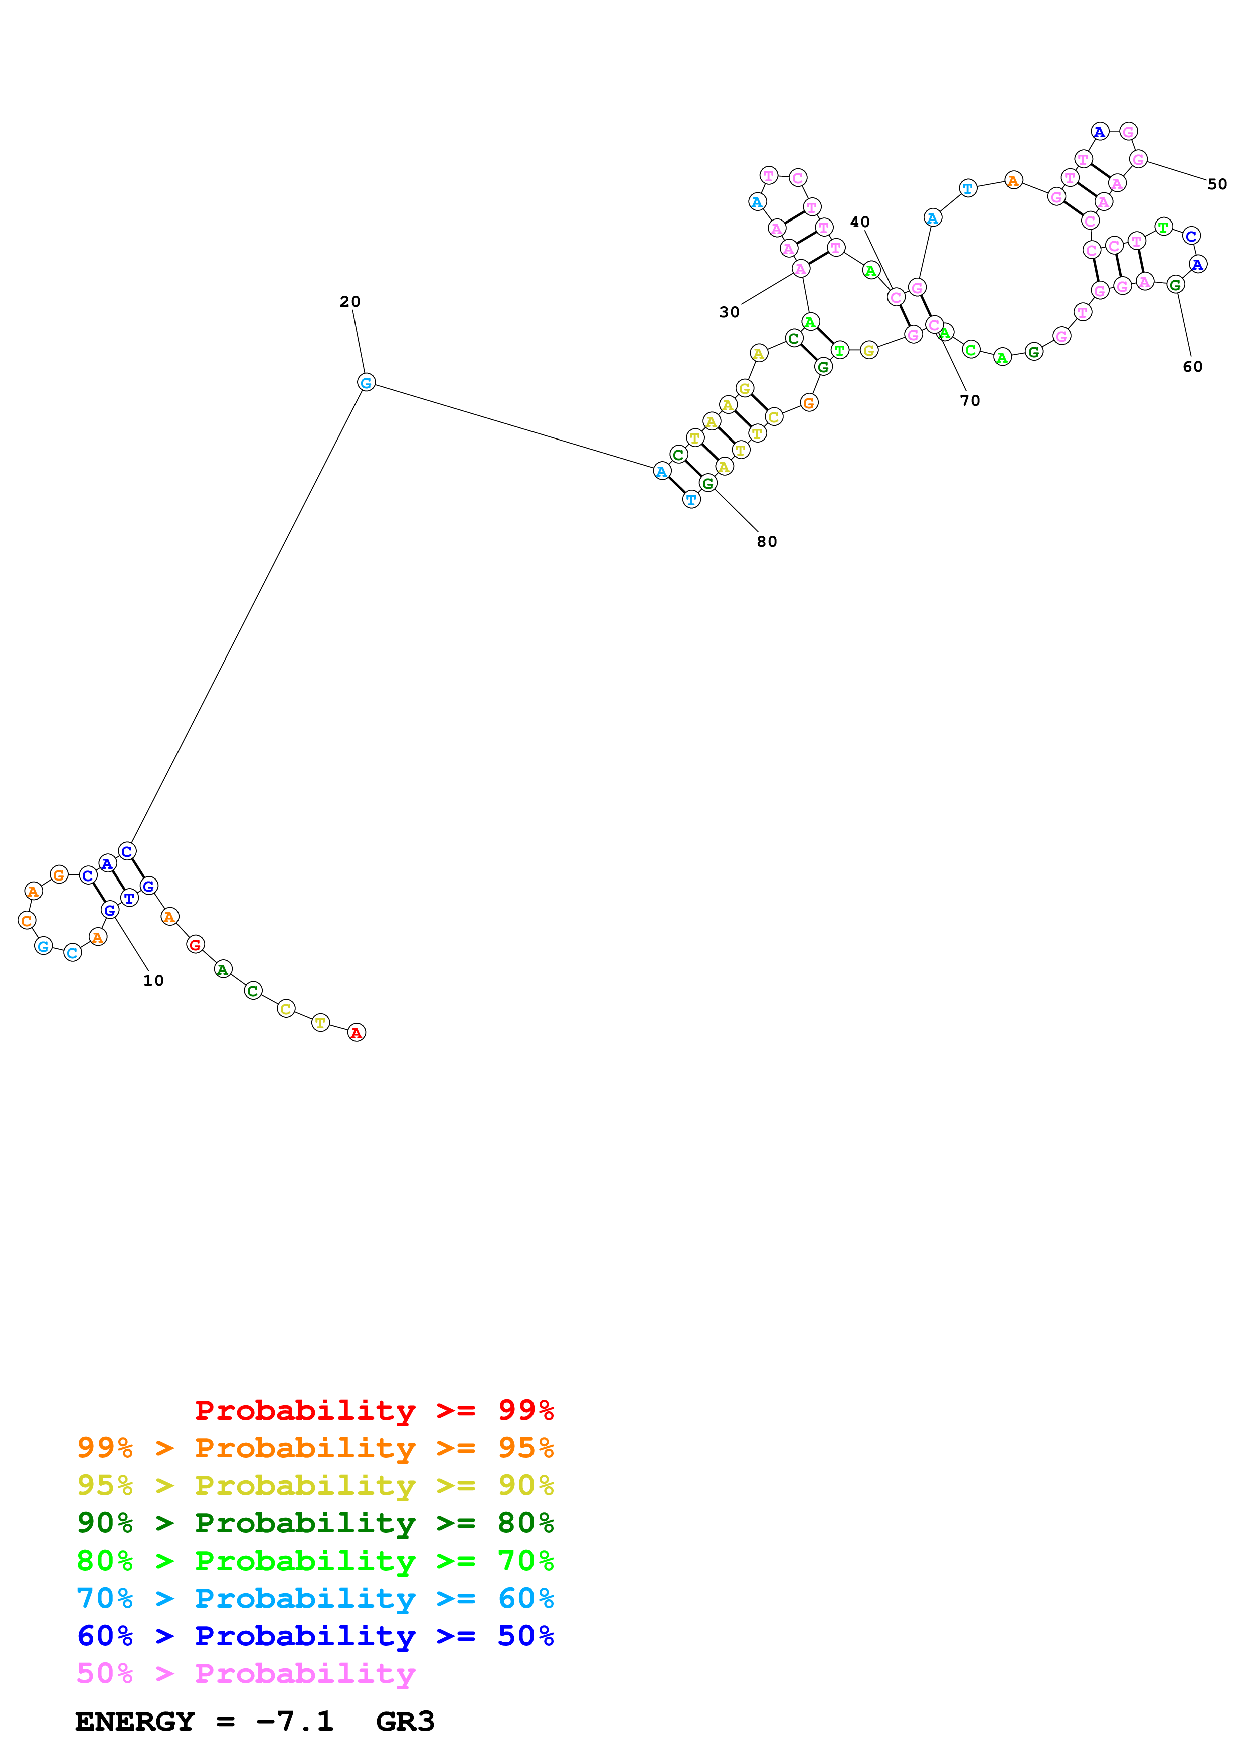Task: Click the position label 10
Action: tap(153, 981)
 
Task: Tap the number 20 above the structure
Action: tap(350, 302)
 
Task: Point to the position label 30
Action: tap(729, 312)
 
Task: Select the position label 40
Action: tap(860, 222)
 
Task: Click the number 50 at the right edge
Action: tap(1217, 184)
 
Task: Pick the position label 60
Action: tap(1192, 367)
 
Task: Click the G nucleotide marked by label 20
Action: tap(366, 383)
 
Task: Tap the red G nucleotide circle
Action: tap(195, 945)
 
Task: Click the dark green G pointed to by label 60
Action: tap(1176, 285)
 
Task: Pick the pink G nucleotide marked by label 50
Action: tap(1138, 159)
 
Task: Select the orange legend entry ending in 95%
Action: tap(315, 1448)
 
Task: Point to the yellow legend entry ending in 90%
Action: tap(315, 1485)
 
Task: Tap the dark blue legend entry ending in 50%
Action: tap(315, 1636)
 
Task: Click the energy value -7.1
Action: tap(295, 1721)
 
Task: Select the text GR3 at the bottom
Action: tap(405, 1721)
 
